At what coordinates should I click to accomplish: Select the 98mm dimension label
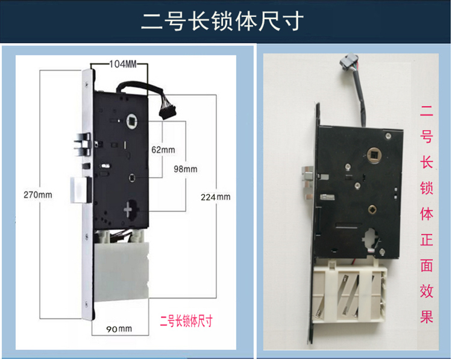pos(186,169)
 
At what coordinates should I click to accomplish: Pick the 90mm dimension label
pos(120,328)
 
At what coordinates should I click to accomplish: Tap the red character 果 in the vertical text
pos(427,316)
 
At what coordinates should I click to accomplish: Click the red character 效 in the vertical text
pos(427,290)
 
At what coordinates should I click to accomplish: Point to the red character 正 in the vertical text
pos(427,240)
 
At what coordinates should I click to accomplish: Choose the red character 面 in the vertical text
pos(427,265)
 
